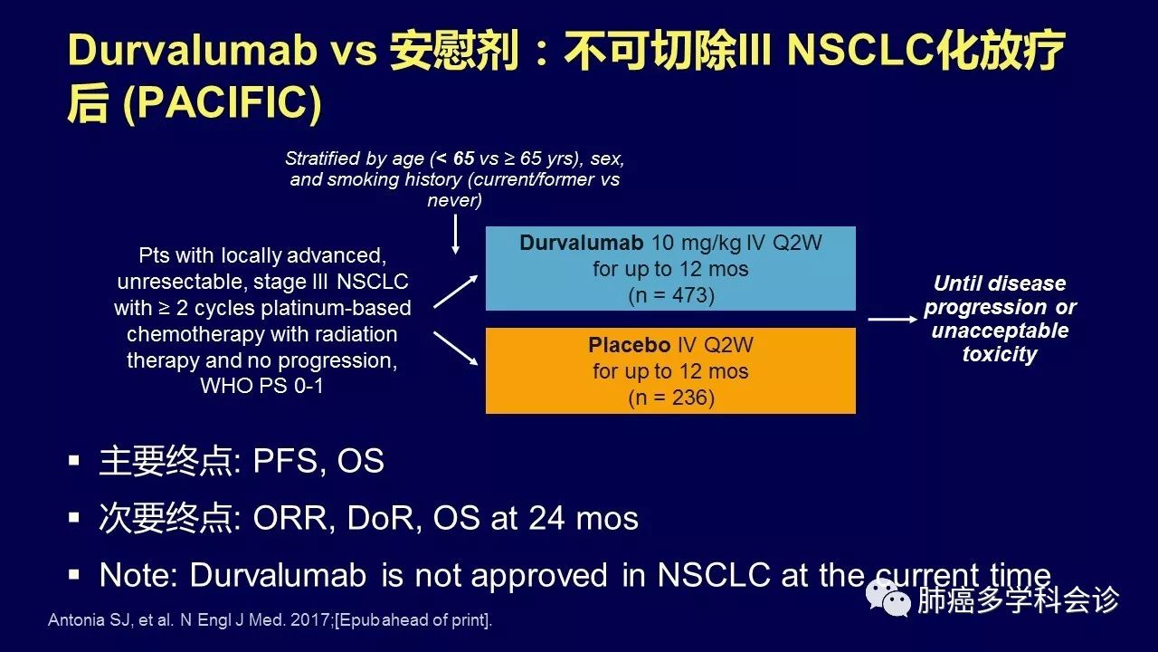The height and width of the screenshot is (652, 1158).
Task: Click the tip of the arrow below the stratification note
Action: (x=455, y=254)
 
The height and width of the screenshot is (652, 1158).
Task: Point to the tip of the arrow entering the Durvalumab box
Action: (x=478, y=276)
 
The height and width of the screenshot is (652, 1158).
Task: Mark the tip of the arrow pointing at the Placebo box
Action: (x=478, y=365)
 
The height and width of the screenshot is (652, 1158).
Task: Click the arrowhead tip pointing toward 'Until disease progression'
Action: (x=917, y=320)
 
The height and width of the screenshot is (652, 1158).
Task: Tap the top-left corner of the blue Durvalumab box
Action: (x=486, y=226)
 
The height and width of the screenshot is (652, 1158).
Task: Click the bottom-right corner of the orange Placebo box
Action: (x=856, y=414)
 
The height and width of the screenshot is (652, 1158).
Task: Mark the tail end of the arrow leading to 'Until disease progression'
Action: (x=868, y=320)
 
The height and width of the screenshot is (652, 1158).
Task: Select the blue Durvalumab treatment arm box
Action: (x=670, y=269)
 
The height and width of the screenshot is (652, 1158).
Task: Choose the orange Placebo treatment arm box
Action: (x=670, y=370)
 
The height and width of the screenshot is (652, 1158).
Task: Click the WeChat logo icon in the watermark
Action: (x=888, y=599)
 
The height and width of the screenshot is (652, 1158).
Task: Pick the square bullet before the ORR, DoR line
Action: (x=74, y=517)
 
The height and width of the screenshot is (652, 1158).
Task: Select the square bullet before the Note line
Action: (x=74, y=574)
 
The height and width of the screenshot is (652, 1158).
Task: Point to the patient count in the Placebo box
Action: (x=671, y=398)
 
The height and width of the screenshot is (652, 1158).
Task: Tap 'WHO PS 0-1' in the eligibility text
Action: (x=262, y=386)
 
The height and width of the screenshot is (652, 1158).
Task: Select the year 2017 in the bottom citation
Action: (x=310, y=620)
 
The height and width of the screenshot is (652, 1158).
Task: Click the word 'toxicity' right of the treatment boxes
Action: (x=1000, y=354)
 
